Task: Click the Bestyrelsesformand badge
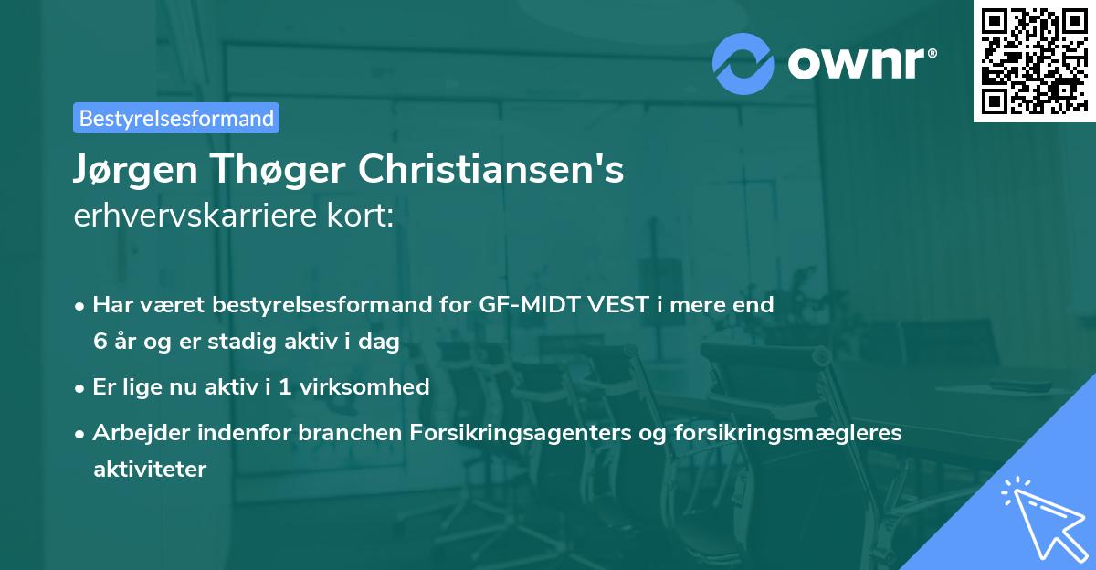176,118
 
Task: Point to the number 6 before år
99,341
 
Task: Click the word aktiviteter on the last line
150,469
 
